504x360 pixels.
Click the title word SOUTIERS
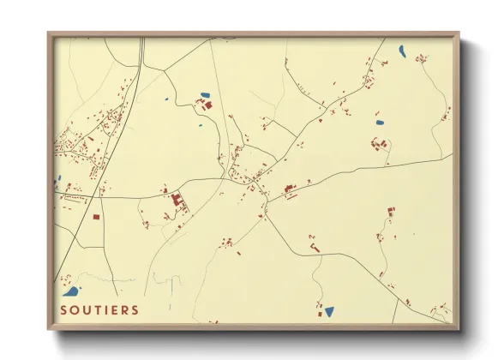pyautogui.click(x=99, y=309)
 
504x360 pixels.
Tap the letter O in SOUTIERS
pyautogui.click(x=75, y=309)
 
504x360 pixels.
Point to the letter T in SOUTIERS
pyautogui.click(x=99, y=309)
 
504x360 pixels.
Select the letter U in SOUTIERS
pyautogui.click(x=87, y=309)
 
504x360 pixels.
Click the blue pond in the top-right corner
pyautogui.click(x=402, y=51)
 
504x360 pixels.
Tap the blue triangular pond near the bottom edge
pyautogui.click(x=329, y=310)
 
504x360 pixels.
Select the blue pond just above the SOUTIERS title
pyautogui.click(x=72, y=291)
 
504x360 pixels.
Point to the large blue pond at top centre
pyautogui.click(x=205, y=95)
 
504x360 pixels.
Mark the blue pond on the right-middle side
pyautogui.click(x=381, y=123)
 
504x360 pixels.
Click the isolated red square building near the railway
pyautogui.click(x=96, y=217)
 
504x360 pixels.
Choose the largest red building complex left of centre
pyautogui.click(x=177, y=202)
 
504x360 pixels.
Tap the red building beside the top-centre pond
pyautogui.click(x=207, y=105)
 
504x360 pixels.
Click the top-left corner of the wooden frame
pyautogui.click(x=48, y=33)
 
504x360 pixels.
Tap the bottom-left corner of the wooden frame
pyautogui.click(x=48, y=330)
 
